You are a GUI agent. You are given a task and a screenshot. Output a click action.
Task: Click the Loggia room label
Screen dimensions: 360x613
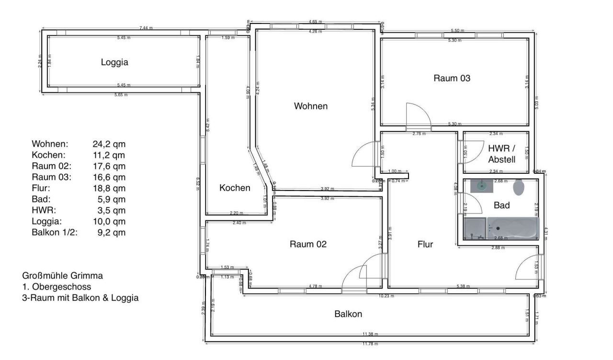pyautogui.click(x=114, y=62)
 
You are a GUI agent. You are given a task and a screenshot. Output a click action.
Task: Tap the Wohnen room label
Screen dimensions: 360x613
pyautogui.click(x=311, y=106)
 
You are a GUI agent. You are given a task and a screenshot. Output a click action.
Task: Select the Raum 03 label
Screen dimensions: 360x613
pyautogui.click(x=452, y=78)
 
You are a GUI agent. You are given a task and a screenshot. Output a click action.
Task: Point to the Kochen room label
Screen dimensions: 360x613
pyautogui.click(x=235, y=188)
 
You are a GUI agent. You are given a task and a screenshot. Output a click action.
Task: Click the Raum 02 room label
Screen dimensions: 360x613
pyautogui.click(x=308, y=244)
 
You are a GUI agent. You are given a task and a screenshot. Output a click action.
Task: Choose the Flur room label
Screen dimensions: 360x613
pyautogui.click(x=425, y=245)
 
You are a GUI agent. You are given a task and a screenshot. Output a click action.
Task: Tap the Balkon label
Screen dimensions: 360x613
pyautogui.click(x=348, y=315)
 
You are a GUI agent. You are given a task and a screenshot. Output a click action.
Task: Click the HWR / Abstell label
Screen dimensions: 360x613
pyautogui.click(x=502, y=153)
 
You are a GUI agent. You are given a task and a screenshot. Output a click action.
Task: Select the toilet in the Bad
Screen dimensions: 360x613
pyautogui.click(x=519, y=188)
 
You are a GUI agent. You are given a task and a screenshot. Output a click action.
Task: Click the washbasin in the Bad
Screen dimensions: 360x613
pyautogui.click(x=481, y=186)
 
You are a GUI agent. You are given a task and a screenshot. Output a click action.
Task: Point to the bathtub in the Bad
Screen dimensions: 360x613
pyautogui.click(x=512, y=228)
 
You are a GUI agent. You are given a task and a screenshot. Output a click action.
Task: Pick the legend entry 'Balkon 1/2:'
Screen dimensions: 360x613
pyautogui.click(x=55, y=233)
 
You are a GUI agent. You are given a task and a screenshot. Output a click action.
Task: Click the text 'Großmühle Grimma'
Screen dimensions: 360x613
pyautogui.click(x=62, y=276)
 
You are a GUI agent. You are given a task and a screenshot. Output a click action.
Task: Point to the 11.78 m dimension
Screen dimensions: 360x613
pyautogui.click(x=369, y=344)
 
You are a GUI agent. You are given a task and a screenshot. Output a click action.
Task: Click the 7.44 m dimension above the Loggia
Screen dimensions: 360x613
pyautogui.click(x=146, y=28)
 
